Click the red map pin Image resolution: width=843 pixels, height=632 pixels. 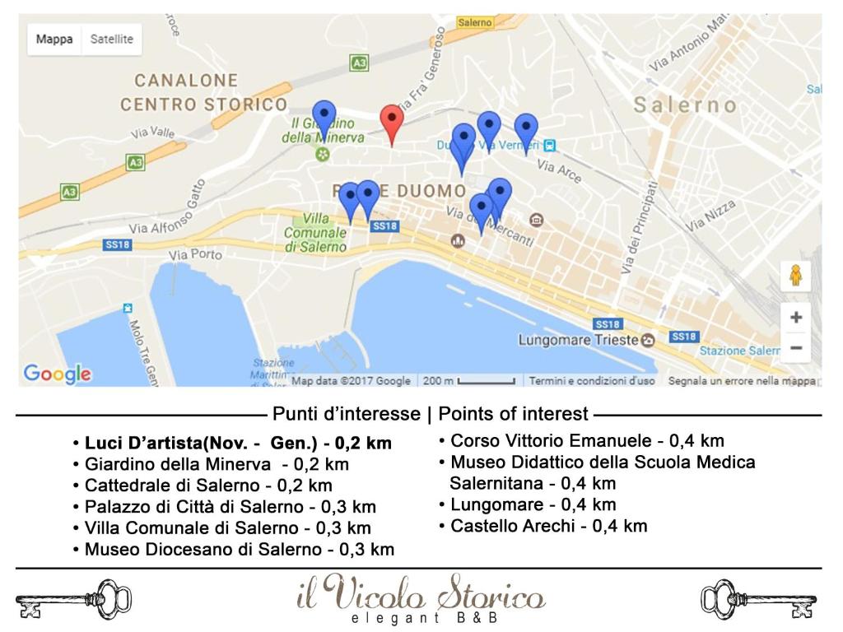pos(392,121)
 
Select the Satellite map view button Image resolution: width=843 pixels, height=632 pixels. pos(111,39)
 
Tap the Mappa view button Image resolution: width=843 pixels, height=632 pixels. pos(54,39)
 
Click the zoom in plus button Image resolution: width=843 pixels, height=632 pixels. pos(795,317)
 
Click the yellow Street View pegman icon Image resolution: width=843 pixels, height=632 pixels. pos(795,276)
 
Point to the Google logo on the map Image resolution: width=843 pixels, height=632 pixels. pos(57,374)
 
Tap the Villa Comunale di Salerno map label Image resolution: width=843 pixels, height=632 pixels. pos(315,232)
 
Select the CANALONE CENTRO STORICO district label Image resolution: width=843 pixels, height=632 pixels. pos(203,93)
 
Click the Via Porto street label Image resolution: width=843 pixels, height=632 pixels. pos(195,255)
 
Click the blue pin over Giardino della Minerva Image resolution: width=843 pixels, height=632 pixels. pos(324,117)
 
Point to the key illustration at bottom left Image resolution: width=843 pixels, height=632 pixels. pos(73,599)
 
